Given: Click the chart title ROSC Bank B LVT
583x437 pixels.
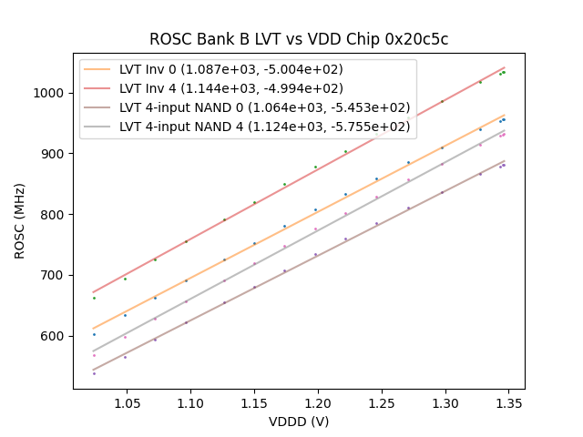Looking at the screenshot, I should coord(299,39).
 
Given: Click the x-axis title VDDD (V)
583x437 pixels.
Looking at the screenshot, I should coord(299,422).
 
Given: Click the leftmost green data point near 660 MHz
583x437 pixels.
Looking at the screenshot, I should coord(94,298).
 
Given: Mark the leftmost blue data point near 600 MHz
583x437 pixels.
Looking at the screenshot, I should coord(94,334).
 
